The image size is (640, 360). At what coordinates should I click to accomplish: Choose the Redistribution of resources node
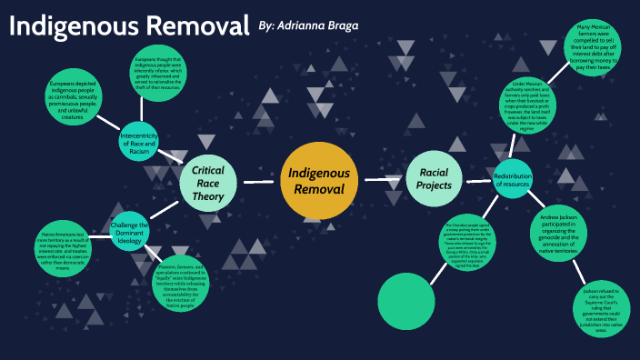coord(512,178)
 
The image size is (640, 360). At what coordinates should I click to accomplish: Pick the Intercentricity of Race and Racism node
coord(139,142)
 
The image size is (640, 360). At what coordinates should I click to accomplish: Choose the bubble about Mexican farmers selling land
coord(604,51)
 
